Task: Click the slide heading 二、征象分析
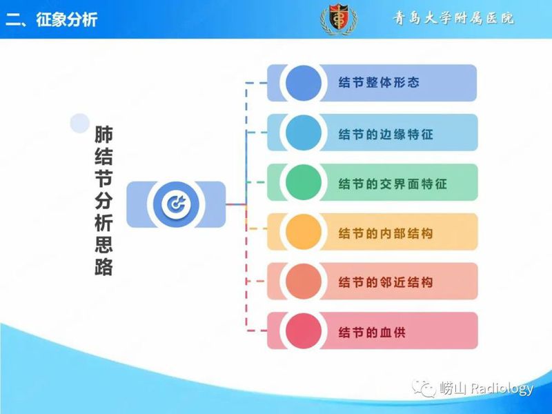pyautogui.click(x=52, y=19)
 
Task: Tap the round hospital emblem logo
pyautogui.click(x=338, y=19)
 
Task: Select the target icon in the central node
pyautogui.click(x=176, y=204)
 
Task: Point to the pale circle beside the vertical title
pyautogui.click(x=80, y=123)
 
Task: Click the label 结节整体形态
pyautogui.click(x=379, y=83)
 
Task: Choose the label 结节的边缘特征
pyautogui.click(x=386, y=133)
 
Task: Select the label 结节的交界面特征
pyautogui.click(x=393, y=184)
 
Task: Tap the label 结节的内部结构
pyautogui.click(x=386, y=233)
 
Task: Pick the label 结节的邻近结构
pyautogui.click(x=386, y=283)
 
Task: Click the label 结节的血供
pyautogui.click(x=372, y=333)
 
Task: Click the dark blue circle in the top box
pyautogui.click(x=303, y=83)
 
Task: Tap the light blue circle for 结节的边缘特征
pyautogui.click(x=303, y=132)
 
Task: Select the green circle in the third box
pyautogui.click(x=303, y=183)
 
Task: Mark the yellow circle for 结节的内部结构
pyautogui.click(x=303, y=233)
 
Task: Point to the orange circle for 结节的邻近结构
pyautogui.click(x=303, y=282)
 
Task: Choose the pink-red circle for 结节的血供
pyautogui.click(x=303, y=332)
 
